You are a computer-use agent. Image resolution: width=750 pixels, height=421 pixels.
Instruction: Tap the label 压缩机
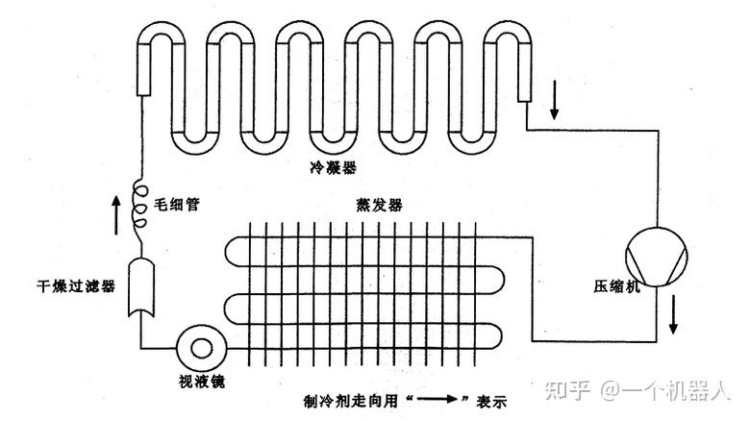point(612,287)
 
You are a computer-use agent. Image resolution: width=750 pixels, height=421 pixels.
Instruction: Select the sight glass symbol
point(202,346)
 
